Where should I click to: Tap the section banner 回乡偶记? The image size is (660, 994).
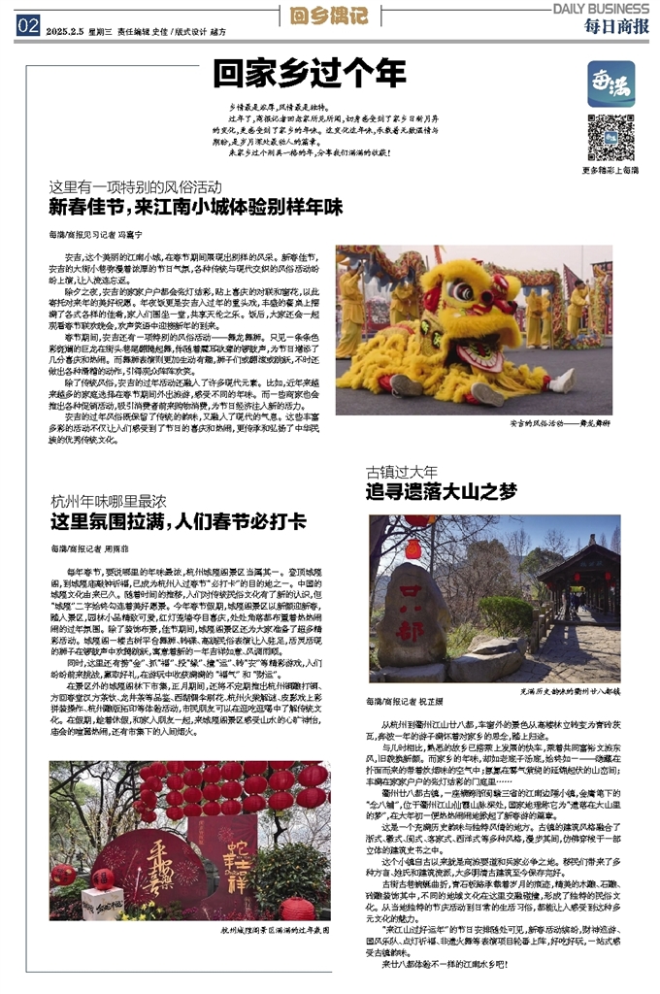point(330,16)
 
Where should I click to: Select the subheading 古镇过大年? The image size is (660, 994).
point(402,472)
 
